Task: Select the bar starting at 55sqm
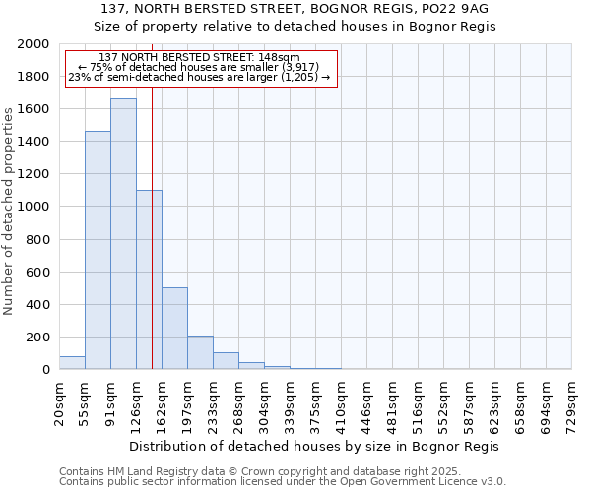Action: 98,250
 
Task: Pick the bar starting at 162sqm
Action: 174,329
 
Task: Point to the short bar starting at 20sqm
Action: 72,363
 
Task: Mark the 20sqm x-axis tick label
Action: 60,403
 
